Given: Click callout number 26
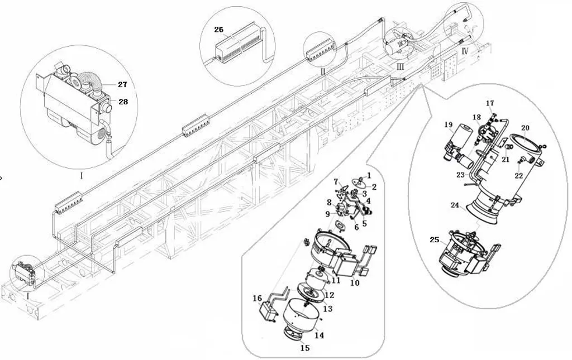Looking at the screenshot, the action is click(218, 30).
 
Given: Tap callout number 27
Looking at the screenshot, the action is click(122, 84).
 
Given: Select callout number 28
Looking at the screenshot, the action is click(123, 101).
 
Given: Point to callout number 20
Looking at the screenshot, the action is click(525, 128).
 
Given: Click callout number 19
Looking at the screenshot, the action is click(449, 124).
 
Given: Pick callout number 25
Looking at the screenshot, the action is click(435, 239).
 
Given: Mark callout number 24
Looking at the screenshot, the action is click(455, 205).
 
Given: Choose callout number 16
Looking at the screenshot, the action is click(257, 299).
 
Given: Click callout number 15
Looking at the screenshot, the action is click(305, 348).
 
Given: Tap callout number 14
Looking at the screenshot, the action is click(319, 335).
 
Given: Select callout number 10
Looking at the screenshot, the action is click(355, 282).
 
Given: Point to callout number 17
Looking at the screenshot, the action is click(489, 103).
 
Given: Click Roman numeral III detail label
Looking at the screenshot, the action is click(400, 66).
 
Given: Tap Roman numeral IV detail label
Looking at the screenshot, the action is click(464, 51).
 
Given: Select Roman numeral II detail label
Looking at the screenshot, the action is click(323, 71).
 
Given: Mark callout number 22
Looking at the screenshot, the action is click(519, 176).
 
